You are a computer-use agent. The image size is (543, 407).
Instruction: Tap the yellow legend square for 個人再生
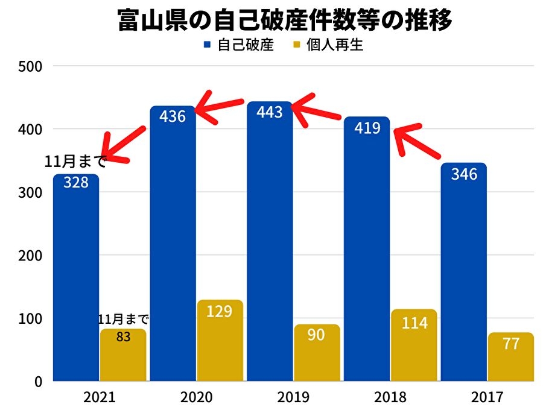[x=296, y=45]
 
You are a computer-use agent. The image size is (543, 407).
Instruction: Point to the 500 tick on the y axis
[x=30, y=66]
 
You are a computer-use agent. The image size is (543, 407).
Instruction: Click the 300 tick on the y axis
[x=30, y=192]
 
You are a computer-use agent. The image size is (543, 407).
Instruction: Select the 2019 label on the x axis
[x=293, y=397]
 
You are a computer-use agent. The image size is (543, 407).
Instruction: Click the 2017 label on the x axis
[x=487, y=397]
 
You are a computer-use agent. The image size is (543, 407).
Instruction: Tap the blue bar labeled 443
[x=270, y=241]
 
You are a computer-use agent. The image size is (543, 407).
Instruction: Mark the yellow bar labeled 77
[x=511, y=357]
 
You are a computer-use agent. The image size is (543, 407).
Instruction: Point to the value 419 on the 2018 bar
[x=367, y=128]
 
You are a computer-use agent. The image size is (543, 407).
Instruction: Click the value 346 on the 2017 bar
[x=464, y=174]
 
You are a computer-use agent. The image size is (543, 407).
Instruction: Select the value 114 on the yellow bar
[x=414, y=323]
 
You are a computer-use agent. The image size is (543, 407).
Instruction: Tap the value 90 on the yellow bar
[x=317, y=335]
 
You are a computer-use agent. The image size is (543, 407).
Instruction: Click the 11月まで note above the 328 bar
[x=75, y=161]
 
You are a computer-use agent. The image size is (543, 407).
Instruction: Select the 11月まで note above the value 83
[x=123, y=319]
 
